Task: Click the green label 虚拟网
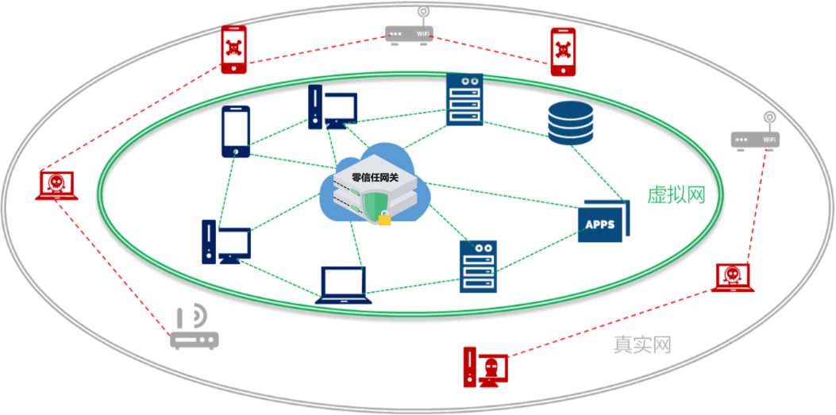676,195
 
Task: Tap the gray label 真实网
641,344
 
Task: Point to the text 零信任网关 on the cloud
376,177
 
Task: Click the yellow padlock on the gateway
384,218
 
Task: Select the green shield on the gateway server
375,206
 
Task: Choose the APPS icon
603,221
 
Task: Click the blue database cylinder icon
570,123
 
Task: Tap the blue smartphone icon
236,132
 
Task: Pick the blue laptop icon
343,285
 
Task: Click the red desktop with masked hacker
485,367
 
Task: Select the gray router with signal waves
194,327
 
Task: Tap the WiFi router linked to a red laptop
755,133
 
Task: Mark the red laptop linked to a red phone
56,186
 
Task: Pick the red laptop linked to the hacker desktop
733,278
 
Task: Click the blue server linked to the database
464,100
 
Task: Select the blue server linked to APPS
478,267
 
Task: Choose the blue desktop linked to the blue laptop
226,242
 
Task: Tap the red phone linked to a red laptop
234,49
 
